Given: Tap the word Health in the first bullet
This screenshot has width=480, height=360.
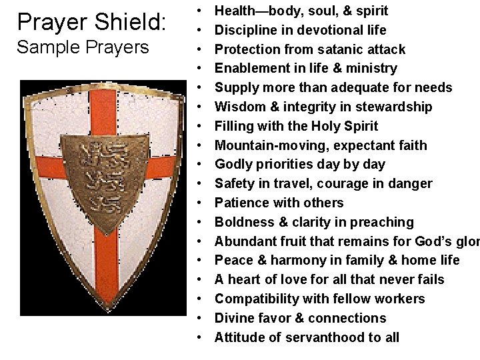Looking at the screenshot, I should tap(235, 11).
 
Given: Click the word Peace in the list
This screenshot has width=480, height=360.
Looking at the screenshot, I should tap(233, 260).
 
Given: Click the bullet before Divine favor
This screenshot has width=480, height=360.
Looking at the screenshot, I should tap(200, 319).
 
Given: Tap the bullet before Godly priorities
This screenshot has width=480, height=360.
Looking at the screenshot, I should tap(200, 165).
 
